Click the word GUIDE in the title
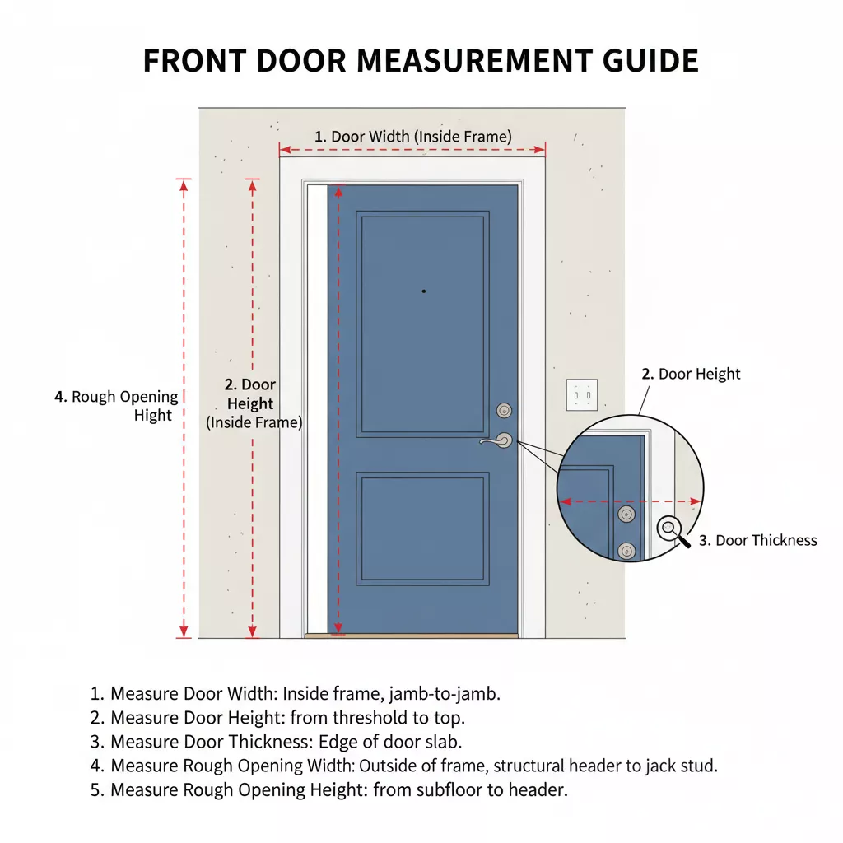coord(650,60)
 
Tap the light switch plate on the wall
coord(582,395)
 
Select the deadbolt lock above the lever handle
coord(504,411)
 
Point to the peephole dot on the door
coord(424,291)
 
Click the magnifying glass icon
coord(673,532)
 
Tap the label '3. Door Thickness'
coord(757,540)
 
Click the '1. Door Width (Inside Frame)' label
coord(413,137)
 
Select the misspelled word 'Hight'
coord(152,416)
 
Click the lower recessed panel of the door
coord(422,529)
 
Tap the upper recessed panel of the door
coord(422,324)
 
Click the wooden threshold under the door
coord(412,636)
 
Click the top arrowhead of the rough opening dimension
coord(184,186)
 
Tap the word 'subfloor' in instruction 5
coord(449,789)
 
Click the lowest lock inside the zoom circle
coord(626,551)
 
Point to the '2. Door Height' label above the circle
coord(691,375)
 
